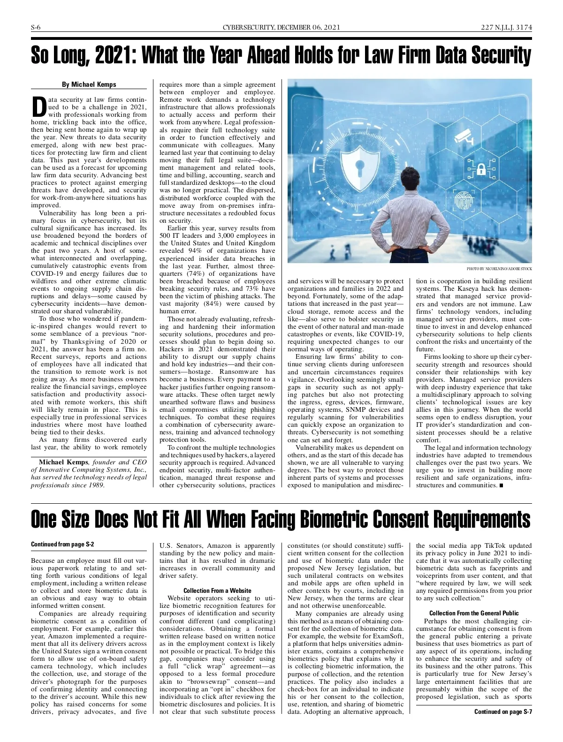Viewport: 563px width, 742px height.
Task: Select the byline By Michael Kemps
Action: (89, 84)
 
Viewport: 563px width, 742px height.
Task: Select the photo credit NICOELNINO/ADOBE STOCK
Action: (499, 269)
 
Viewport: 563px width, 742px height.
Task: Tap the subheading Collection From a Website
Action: (217, 591)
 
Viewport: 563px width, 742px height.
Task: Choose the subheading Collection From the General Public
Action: (474, 613)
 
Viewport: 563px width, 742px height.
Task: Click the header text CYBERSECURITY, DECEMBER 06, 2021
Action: (281, 27)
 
